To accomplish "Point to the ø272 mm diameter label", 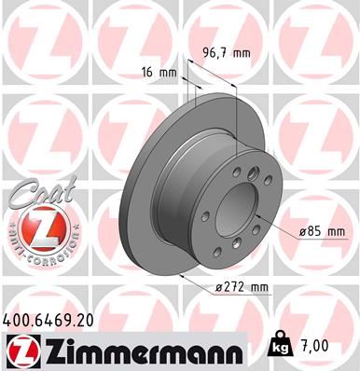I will (x=242, y=289).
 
